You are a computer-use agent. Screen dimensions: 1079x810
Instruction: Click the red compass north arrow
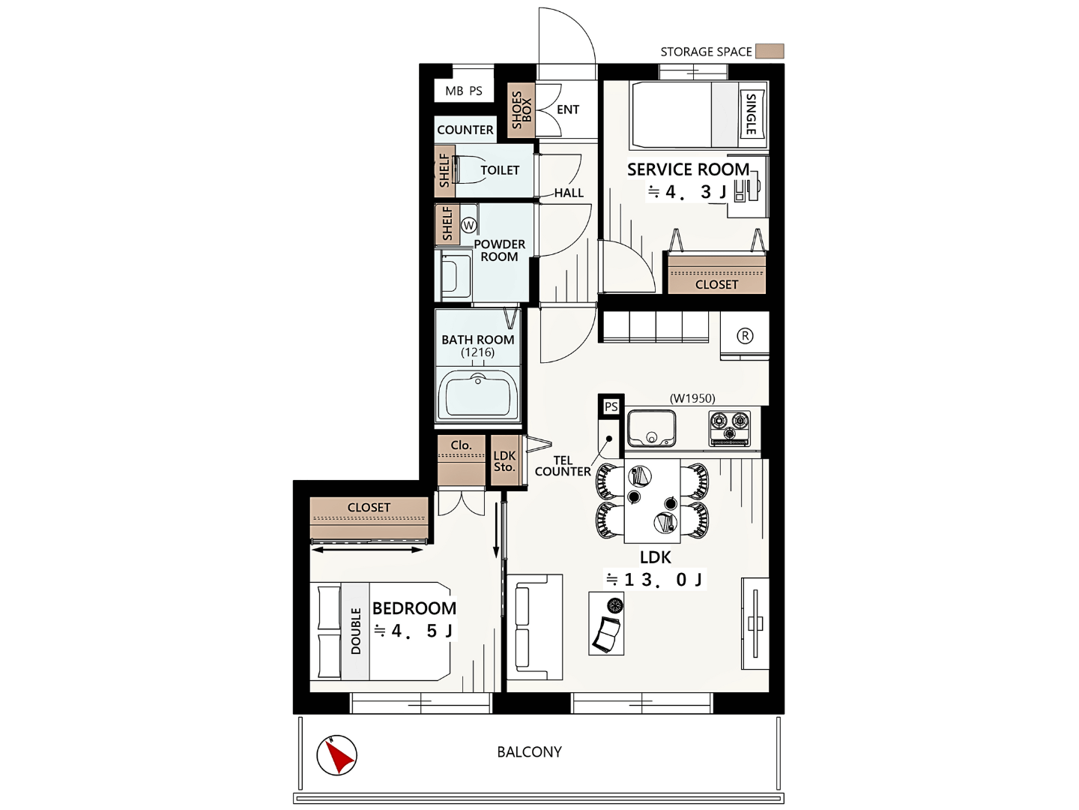tap(339, 756)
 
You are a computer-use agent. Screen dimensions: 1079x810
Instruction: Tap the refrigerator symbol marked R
tap(745, 336)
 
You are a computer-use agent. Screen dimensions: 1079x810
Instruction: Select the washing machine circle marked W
tap(469, 226)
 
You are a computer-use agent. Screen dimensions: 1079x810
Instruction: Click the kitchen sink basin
tap(651, 428)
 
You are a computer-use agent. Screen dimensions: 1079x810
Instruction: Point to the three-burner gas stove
tap(730, 428)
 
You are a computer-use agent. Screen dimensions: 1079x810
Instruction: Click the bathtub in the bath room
tap(477, 394)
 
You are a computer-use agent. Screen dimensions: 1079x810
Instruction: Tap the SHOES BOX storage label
tap(521, 110)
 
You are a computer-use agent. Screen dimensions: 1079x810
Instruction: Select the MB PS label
tap(464, 91)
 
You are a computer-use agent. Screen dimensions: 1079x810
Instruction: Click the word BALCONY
tap(529, 752)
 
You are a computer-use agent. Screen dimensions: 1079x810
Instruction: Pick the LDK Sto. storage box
tap(505, 460)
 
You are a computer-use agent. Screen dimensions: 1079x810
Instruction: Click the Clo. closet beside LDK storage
tap(461, 460)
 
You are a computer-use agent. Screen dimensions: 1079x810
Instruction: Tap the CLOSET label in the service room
tap(716, 284)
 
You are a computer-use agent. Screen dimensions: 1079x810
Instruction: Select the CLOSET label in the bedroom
tap(369, 507)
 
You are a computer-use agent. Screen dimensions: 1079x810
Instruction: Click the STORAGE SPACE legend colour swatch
tap(770, 51)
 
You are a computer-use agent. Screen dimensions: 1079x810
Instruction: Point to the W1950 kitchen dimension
tap(692, 398)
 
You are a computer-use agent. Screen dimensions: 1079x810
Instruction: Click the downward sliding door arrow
tap(497, 530)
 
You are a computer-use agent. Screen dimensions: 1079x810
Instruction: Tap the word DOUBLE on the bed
tap(356, 631)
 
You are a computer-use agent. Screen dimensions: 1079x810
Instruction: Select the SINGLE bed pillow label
tap(751, 114)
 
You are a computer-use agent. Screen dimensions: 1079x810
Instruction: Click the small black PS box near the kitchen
tap(611, 406)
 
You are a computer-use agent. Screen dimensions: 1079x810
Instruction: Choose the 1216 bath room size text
tap(477, 352)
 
